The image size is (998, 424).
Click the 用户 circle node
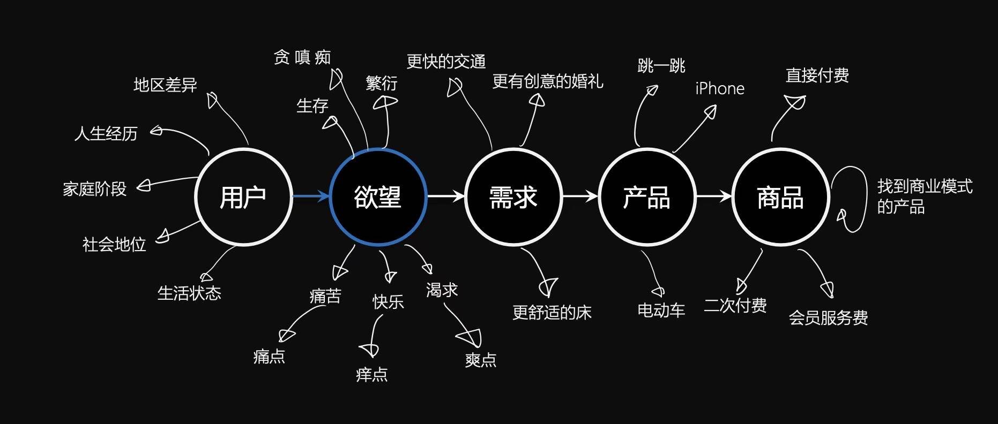[x=243, y=197]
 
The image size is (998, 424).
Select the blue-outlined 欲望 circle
[x=378, y=197]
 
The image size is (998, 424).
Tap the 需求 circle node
[x=513, y=197]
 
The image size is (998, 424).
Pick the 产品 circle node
[x=646, y=197]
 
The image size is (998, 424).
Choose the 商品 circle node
[x=780, y=197]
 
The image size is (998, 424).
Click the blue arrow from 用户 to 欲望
[x=310, y=196]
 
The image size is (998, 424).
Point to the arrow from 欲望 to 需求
[x=445, y=196]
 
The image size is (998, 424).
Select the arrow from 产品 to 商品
[x=713, y=196]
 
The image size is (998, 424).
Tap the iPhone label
[x=720, y=88]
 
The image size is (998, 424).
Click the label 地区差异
[x=165, y=85]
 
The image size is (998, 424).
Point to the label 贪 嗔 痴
[x=302, y=57]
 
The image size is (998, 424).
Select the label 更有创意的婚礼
[x=548, y=81]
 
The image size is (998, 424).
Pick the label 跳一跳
[x=661, y=66]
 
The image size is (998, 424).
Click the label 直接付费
[x=817, y=75]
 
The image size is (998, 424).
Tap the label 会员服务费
[x=828, y=318]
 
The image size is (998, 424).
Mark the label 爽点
[x=481, y=360]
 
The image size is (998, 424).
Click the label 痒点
[x=372, y=374]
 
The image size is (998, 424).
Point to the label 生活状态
[x=189, y=293]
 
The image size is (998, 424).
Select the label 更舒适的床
[x=552, y=313]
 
